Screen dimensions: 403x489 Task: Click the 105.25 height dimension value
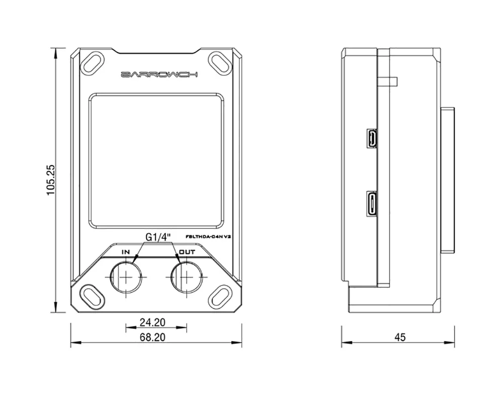coord(51,180)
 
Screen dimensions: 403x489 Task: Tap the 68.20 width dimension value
coord(153,338)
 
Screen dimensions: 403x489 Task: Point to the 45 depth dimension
coord(400,338)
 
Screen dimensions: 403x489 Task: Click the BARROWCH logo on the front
coord(159,75)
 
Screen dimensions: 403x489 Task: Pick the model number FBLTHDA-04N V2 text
coord(208,236)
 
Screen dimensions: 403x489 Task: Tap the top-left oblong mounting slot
coord(93,62)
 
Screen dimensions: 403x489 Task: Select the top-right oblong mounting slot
coord(220,62)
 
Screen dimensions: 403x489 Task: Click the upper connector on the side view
coord(372,139)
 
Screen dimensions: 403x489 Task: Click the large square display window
coord(156,160)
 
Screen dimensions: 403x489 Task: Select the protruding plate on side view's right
coord(448,180)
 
